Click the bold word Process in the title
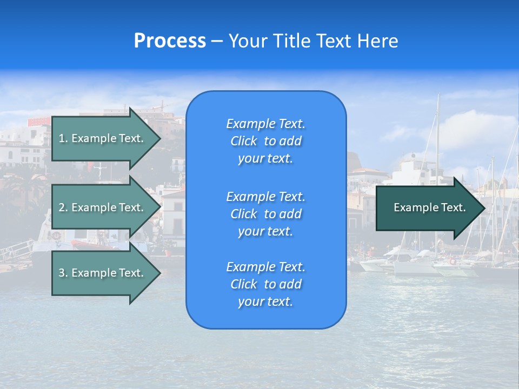[x=170, y=41]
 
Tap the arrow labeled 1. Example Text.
[x=103, y=138]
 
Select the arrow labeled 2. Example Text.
[x=103, y=207]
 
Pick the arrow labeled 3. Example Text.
[x=103, y=273]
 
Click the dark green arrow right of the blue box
[x=427, y=207]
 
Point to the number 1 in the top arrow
[x=61, y=138]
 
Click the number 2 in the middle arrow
[x=62, y=207]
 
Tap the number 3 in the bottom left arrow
[x=62, y=273]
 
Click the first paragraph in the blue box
[x=265, y=141]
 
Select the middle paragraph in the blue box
[x=265, y=214]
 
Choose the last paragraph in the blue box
[x=265, y=284]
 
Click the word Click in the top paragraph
[x=243, y=141]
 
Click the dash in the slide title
[x=217, y=41]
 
